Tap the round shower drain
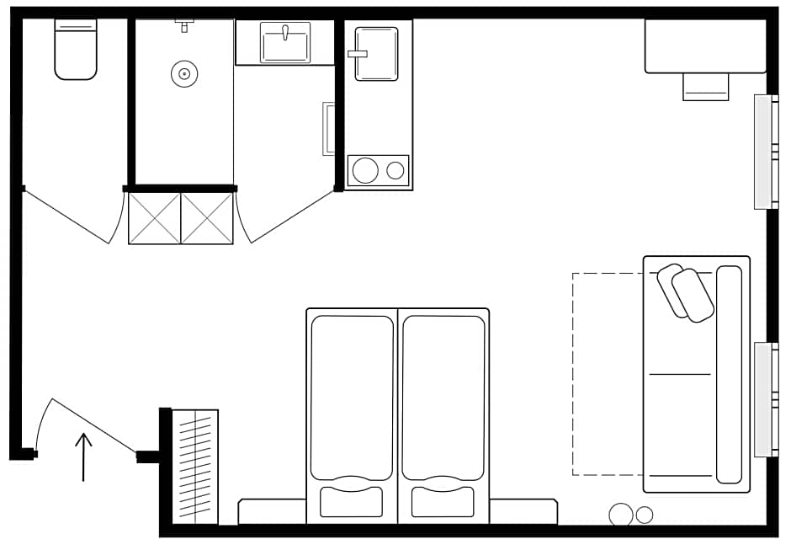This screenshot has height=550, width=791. click(183, 74)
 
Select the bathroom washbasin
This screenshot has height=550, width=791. click(285, 42)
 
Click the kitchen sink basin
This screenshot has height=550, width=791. click(376, 54)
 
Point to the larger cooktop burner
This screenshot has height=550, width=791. click(365, 170)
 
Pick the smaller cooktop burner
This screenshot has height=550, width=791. click(395, 170)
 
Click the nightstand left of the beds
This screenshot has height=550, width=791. click(272, 511)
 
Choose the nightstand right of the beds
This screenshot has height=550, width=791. click(523, 511)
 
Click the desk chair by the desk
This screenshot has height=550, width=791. click(705, 86)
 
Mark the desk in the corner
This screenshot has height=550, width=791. click(705, 46)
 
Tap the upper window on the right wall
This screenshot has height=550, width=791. click(766, 152)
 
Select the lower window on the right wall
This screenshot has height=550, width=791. click(766, 399)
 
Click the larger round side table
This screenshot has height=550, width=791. click(622, 515)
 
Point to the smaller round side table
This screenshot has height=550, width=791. click(645, 515)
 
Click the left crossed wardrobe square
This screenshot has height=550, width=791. click(155, 219)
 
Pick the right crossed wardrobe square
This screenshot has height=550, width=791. click(207, 219)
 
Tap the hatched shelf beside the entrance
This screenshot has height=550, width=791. click(195, 467)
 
